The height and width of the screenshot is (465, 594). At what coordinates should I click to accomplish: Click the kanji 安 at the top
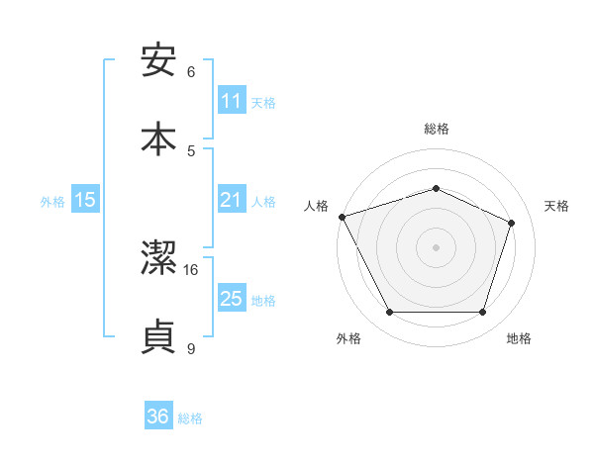click(159, 60)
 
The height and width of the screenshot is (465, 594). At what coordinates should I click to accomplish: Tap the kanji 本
click(159, 138)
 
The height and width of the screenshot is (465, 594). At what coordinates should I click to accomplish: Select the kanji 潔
click(159, 260)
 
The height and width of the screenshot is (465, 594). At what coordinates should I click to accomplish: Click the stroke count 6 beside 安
click(191, 72)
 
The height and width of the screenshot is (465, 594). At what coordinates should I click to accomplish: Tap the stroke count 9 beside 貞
click(191, 348)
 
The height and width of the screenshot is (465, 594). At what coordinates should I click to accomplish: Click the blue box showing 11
click(232, 101)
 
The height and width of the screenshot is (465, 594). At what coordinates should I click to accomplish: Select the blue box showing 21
click(232, 200)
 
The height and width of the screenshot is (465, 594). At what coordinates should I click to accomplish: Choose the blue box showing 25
click(232, 299)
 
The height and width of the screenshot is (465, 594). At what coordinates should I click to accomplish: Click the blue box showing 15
click(85, 200)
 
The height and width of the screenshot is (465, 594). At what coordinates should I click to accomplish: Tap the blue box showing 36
click(158, 417)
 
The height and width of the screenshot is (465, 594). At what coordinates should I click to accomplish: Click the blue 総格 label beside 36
click(190, 418)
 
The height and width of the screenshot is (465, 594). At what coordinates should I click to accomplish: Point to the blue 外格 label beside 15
click(52, 202)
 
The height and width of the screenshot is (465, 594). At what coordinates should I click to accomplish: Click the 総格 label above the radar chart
click(437, 130)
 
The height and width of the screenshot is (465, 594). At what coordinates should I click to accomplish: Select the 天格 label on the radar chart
click(556, 206)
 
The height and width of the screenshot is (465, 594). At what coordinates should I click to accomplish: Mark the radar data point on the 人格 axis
click(342, 217)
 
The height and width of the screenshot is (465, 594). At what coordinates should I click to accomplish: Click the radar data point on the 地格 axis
click(482, 313)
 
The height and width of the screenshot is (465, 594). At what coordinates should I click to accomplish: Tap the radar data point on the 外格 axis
click(389, 313)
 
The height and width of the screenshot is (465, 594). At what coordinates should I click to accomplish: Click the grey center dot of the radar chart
click(436, 247)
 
